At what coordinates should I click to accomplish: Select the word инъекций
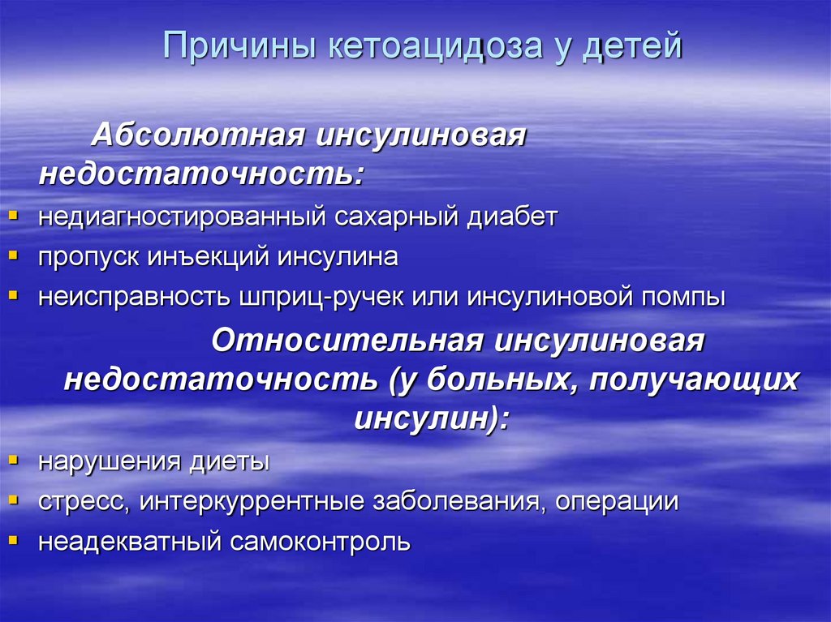pos(210,258)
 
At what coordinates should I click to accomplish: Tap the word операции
pos(617,501)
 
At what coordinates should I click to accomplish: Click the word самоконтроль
pos(322,541)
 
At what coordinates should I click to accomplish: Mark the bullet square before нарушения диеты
pos(14,459)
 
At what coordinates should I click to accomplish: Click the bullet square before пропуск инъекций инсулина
pos(14,255)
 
